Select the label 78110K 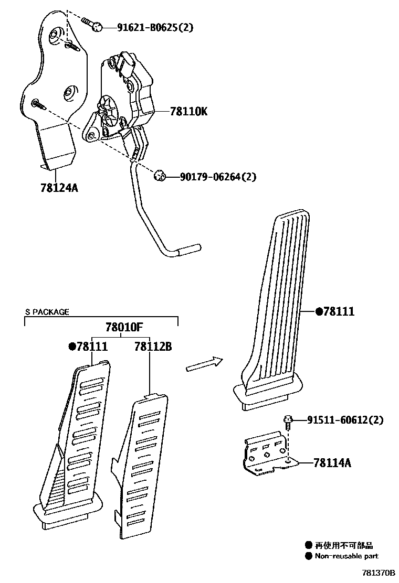[188, 112]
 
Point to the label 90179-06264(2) [212, 177]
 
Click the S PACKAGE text [47, 312]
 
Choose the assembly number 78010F [124, 328]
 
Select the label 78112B [153, 347]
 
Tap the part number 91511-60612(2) [345, 420]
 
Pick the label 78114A [332, 462]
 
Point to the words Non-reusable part [346, 556]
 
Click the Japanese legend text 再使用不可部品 [344, 545]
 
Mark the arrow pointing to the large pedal [205, 363]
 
